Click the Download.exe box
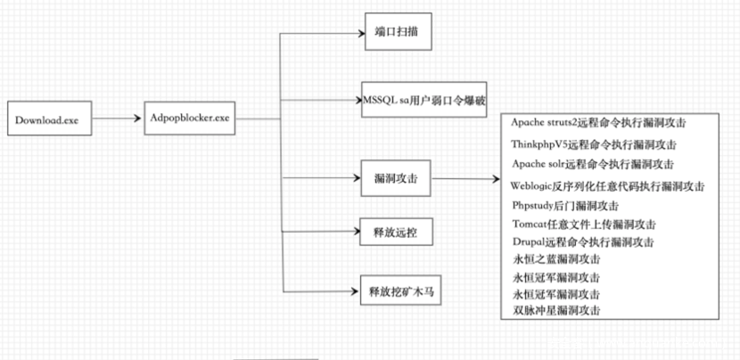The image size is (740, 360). click(x=46, y=120)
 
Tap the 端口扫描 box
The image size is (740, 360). click(x=398, y=34)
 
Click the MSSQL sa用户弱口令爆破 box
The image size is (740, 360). click(x=424, y=98)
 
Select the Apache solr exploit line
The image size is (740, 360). click(x=593, y=164)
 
